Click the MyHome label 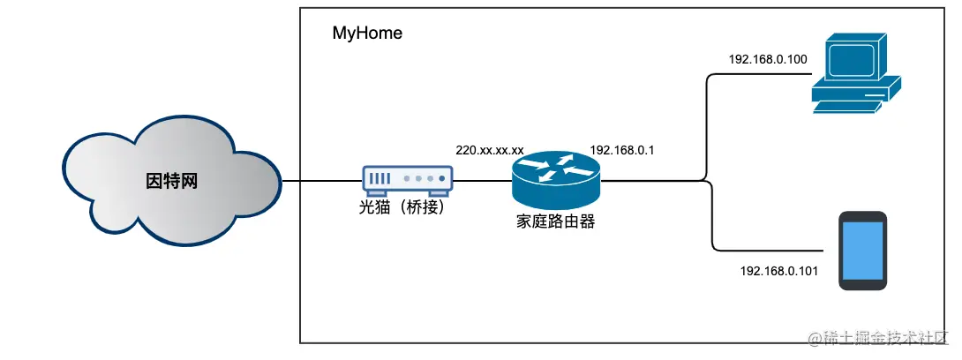coord(367,34)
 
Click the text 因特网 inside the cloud coord(172,182)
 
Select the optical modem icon coord(407,179)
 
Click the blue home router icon coord(555,176)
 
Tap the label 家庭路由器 coord(555,221)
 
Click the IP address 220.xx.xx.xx coord(490,150)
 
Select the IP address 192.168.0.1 coord(621,150)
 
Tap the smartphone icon coord(863,251)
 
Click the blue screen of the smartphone coord(863,250)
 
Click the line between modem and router coord(482,181)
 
